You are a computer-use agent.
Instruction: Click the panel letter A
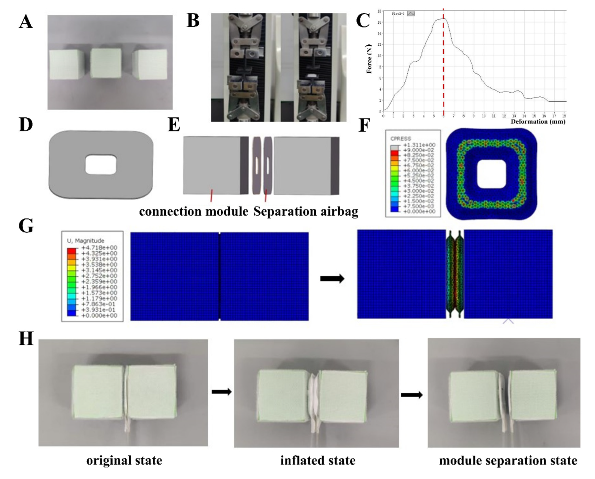26,22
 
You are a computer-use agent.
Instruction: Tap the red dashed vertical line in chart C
443,69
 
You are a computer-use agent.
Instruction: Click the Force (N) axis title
369,59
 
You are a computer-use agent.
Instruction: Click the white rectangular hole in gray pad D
101,165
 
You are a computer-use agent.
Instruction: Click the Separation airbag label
306,212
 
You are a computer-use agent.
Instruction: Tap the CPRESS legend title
401,139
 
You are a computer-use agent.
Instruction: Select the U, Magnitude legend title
86,241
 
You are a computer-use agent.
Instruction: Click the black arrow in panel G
332,279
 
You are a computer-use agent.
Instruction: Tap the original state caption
124,461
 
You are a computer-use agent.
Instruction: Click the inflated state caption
318,461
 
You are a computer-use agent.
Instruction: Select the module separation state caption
508,461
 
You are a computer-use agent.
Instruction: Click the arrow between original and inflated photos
221,392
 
